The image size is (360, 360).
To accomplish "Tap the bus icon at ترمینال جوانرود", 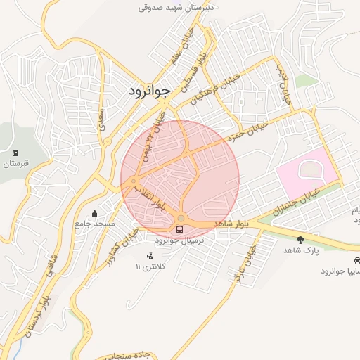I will [180, 229].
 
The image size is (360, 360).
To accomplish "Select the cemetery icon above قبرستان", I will [15, 153].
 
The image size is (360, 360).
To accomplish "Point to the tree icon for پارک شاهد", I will [301, 240].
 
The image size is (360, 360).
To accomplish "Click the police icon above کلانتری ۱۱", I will [149, 255].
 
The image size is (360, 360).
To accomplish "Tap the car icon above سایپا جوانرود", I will [357, 259].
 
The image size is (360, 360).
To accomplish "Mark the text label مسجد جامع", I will [96, 224].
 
